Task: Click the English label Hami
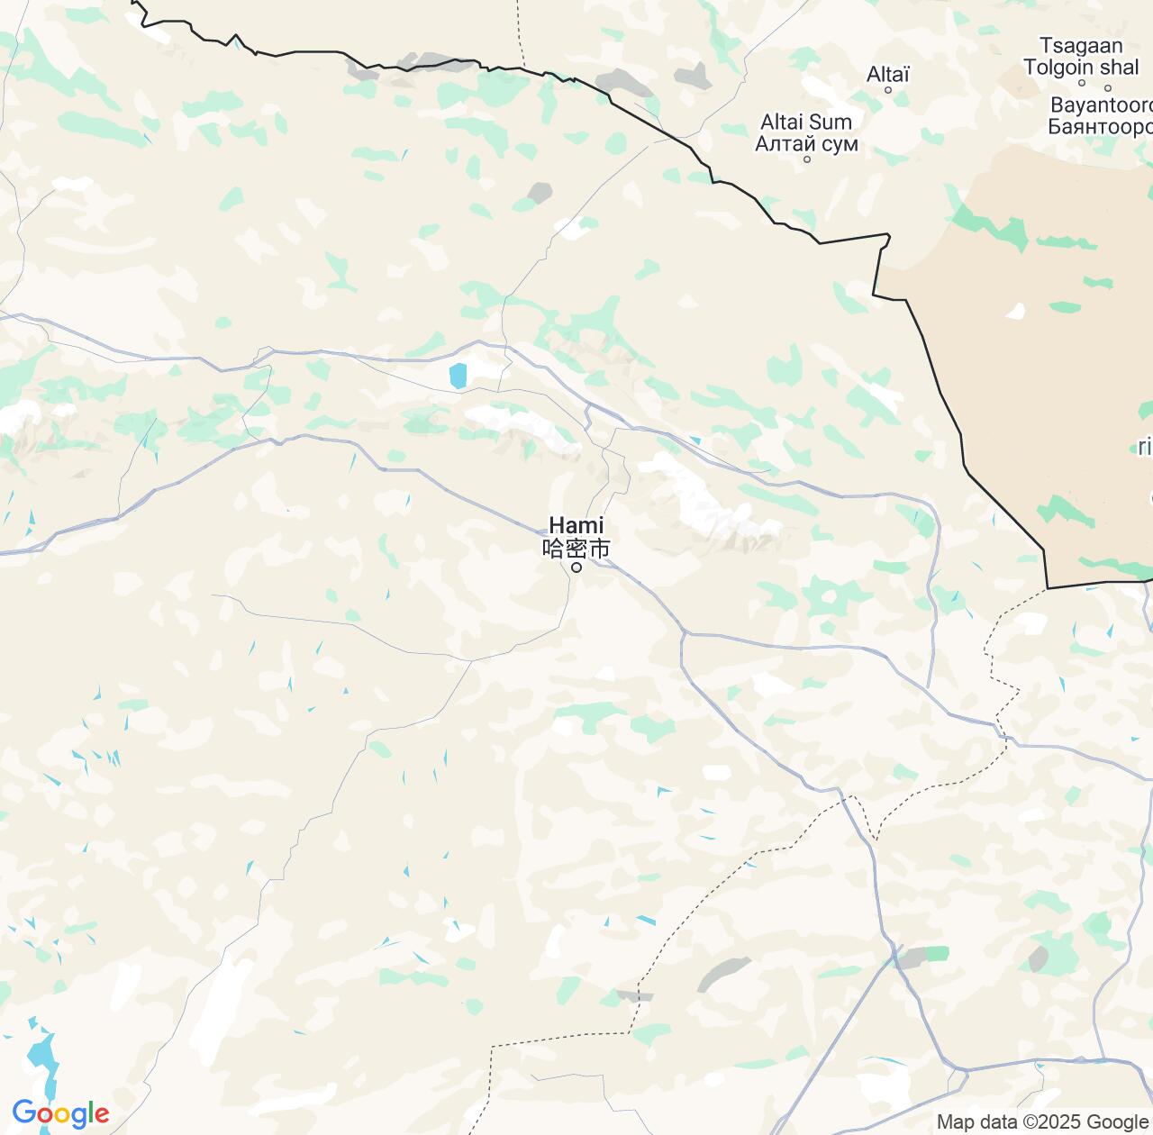tap(576, 525)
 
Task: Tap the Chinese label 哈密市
tap(576, 548)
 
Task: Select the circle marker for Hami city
tap(576, 567)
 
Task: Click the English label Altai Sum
tap(806, 122)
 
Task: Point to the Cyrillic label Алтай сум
tap(806, 143)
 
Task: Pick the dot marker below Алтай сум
tap(807, 159)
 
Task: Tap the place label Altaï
tap(888, 74)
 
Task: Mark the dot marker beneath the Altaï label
tap(888, 90)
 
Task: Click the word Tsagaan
tap(1081, 46)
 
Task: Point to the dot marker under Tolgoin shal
tap(1108, 87)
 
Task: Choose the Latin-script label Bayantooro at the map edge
tap(1102, 105)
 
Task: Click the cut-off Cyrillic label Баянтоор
tap(1101, 127)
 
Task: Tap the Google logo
tap(60, 1114)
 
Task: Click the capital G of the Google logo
tap(24, 1113)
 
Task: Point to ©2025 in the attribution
tap(1053, 1121)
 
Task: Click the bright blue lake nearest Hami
tap(458, 376)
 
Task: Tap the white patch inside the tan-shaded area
tap(1015, 312)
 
